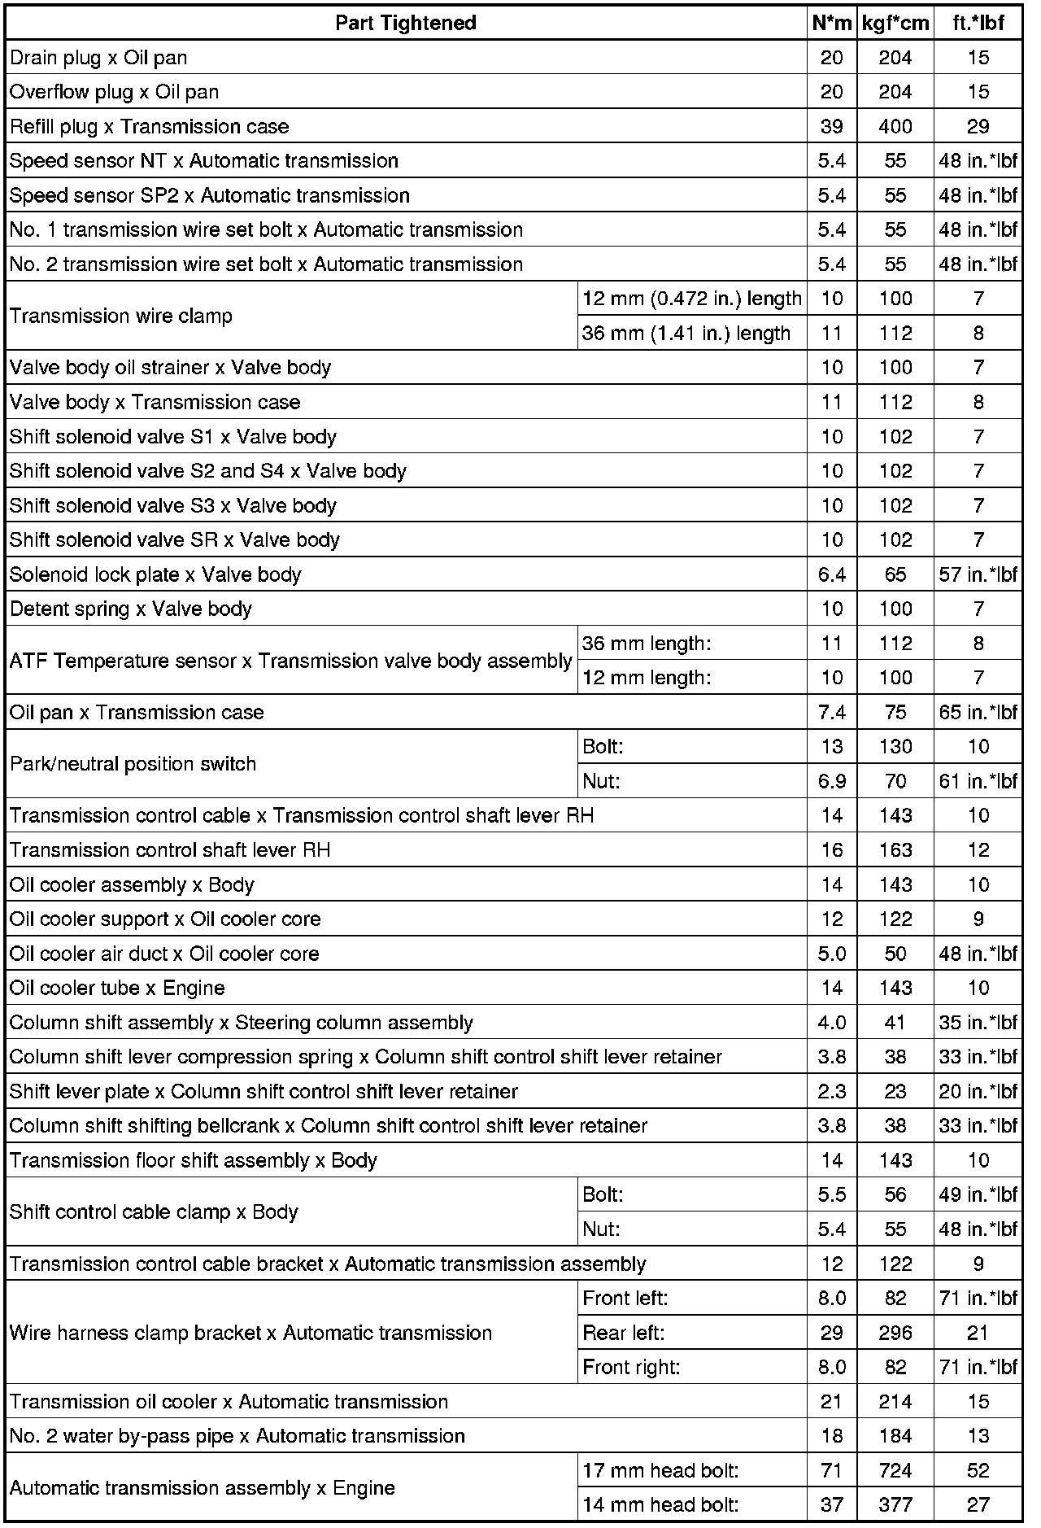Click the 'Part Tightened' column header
405,23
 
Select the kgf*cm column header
895,23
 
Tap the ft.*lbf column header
978,23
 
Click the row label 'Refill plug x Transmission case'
149,126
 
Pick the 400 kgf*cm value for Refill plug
895,126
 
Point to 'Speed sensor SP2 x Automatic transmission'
209,195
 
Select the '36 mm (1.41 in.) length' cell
686,333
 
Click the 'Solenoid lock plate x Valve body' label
155,574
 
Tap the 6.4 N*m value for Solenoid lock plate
831,574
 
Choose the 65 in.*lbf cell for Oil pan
978,712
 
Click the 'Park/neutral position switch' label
133,763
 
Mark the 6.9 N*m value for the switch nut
831,781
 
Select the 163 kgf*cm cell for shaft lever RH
895,850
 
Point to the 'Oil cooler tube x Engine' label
117,988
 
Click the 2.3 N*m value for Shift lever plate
831,1091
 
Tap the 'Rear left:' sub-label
623,1333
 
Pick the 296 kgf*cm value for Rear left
895,1333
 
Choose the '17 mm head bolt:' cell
660,1470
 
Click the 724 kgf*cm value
895,1470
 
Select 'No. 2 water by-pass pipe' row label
237,1436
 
